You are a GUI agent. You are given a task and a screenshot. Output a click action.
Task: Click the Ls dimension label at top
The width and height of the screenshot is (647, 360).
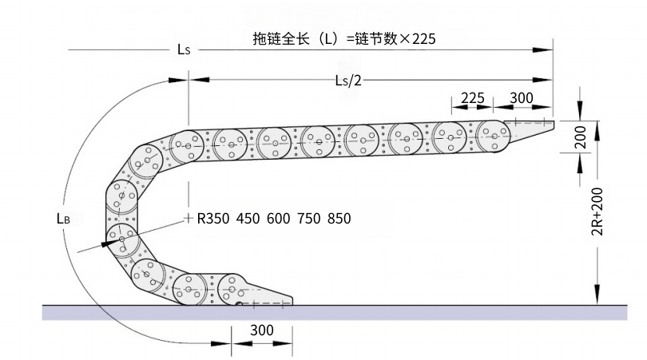coord(184,49)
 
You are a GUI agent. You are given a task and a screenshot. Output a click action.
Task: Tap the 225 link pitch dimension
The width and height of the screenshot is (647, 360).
coord(473,98)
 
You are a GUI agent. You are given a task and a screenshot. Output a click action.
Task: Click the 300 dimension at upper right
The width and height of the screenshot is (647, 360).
coord(522,98)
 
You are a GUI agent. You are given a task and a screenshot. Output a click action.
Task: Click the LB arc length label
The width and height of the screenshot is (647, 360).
coord(64,218)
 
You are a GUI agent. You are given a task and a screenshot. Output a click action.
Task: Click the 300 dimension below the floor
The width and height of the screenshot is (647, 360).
coord(262,330)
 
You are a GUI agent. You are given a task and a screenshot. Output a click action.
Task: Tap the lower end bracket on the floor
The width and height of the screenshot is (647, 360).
coord(268,296)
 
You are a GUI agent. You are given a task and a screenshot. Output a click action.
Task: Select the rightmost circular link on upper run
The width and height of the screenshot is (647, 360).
coord(494,136)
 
